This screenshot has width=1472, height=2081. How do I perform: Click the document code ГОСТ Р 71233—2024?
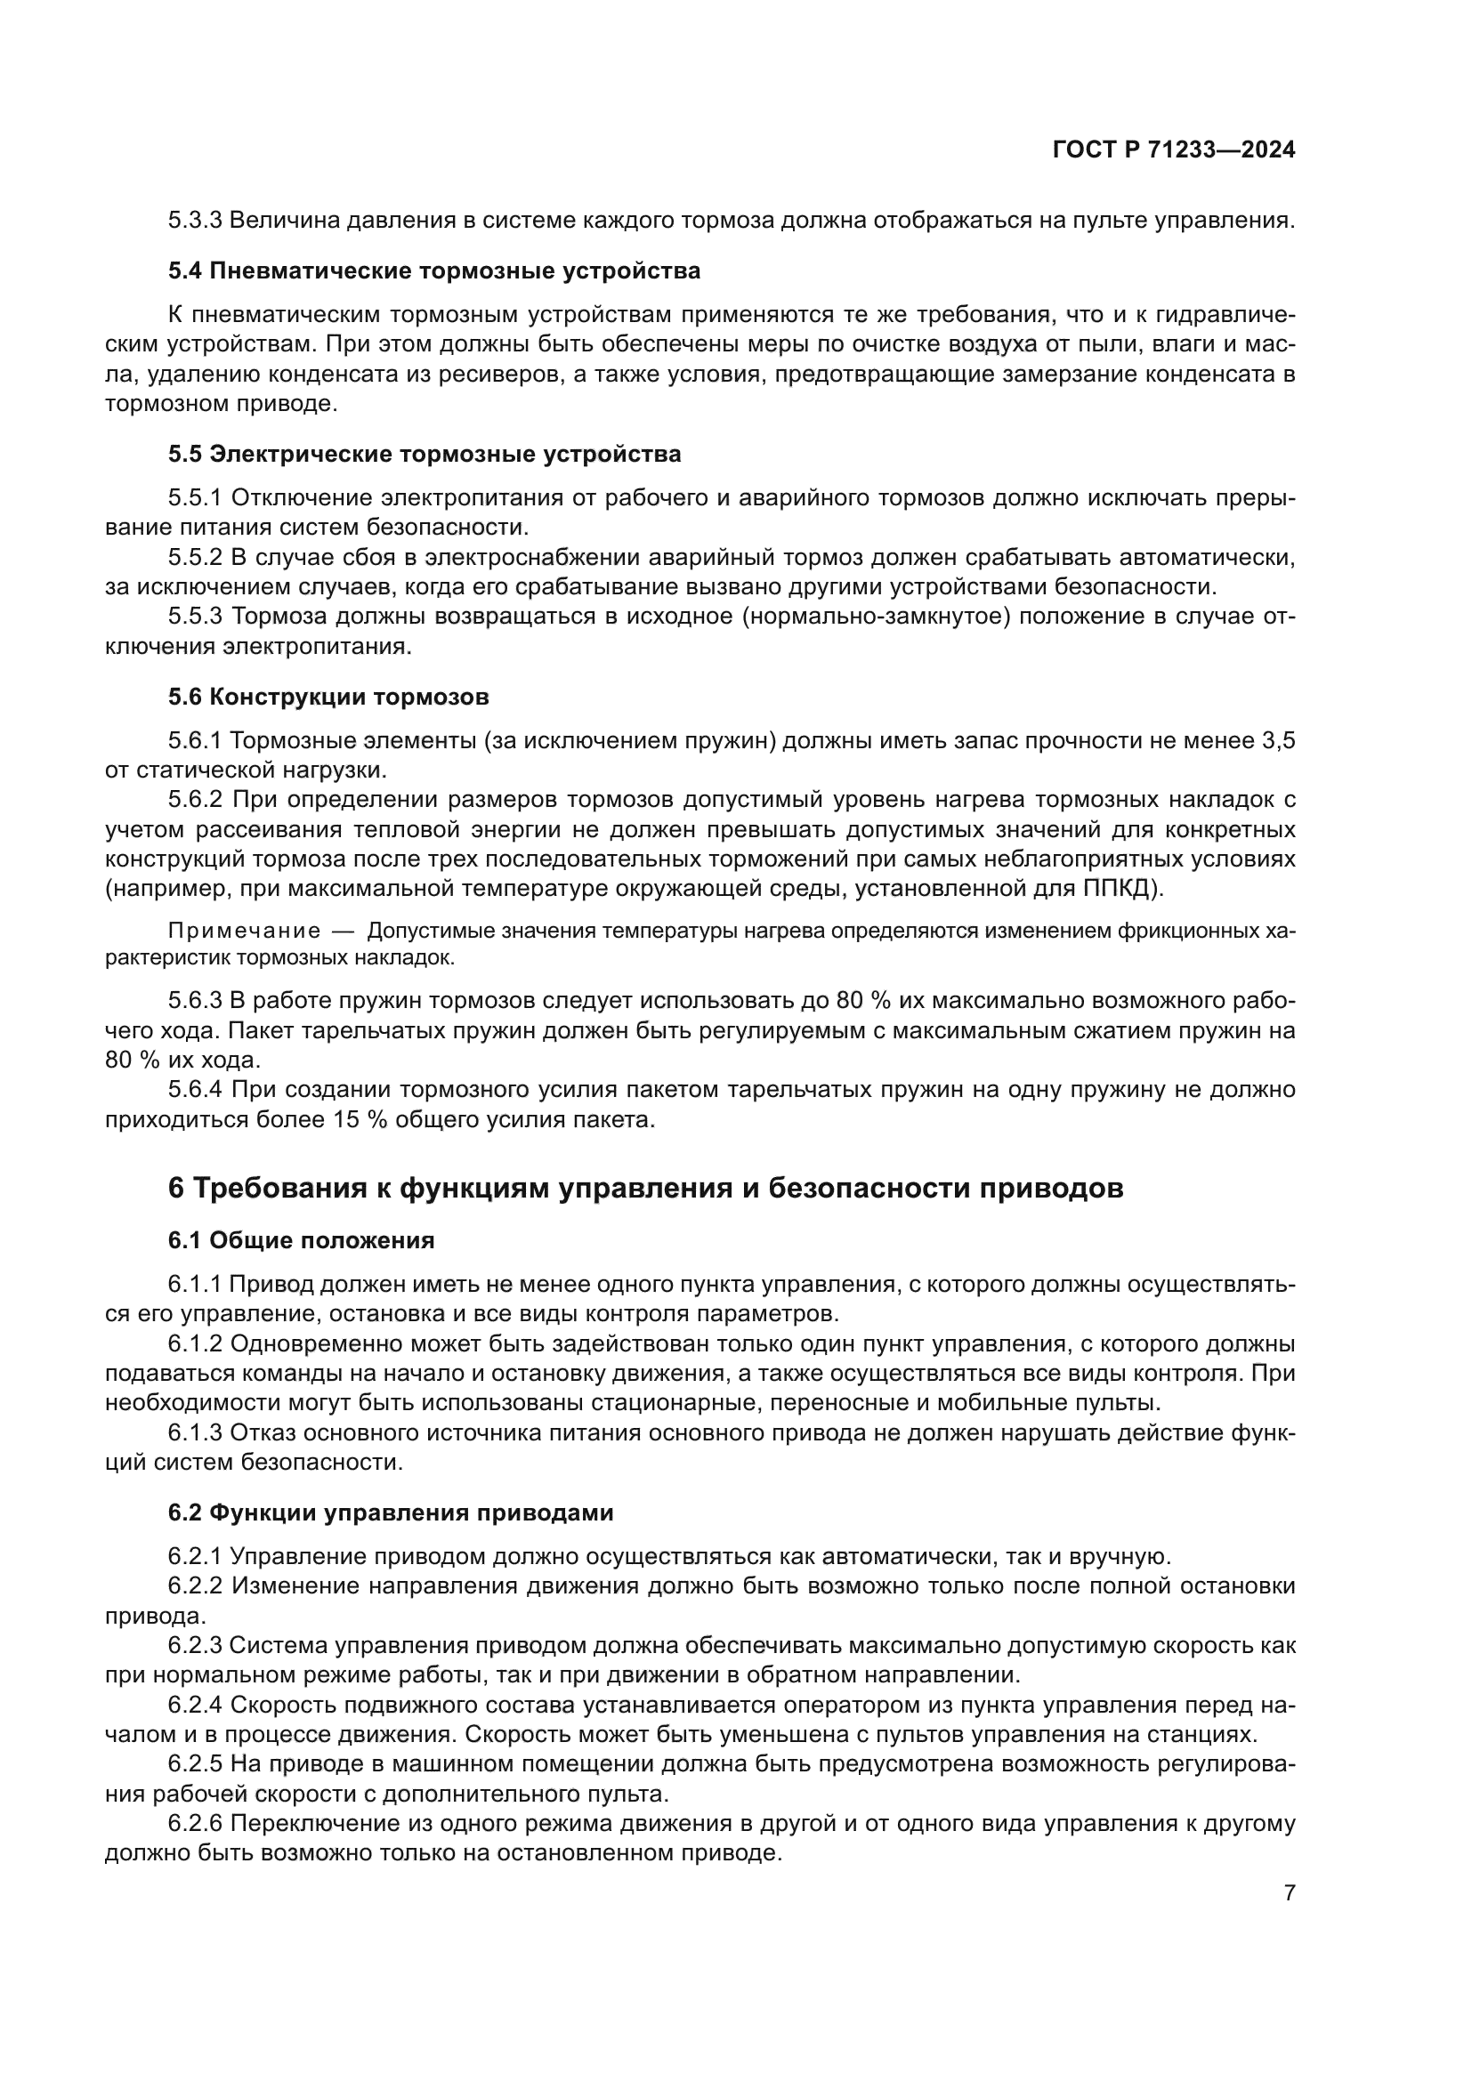coord(1174,150)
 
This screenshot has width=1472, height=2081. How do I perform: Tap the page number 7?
coord(1289,1892)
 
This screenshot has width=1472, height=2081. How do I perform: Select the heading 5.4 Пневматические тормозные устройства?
coord(434,271)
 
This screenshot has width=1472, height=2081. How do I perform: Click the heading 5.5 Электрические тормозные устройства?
coord(425,454)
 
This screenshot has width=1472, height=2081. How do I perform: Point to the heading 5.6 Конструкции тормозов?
coord(328,697)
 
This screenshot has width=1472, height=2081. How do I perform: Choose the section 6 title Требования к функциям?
coord(645,1189)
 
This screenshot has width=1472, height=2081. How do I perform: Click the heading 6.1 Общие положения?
coord(301,1241)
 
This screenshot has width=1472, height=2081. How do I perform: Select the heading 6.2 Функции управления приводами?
coord(391,1512)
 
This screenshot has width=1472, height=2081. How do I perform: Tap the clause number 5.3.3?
coord(195,221)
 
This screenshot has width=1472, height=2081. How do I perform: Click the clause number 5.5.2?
coord(195,558)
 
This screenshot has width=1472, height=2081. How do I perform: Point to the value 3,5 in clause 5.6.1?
coord(1278,740)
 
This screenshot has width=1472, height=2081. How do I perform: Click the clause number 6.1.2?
coord(195,1344)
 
